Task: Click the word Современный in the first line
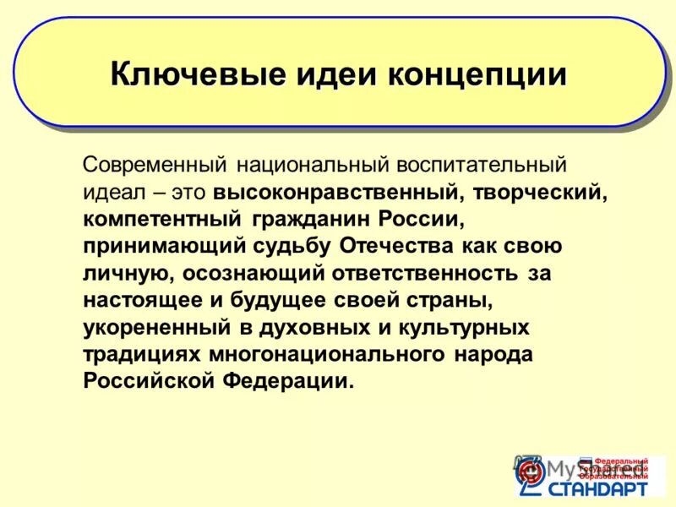[156, 162]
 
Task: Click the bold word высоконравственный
[336, 191]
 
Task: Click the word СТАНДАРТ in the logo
[599, 488]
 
